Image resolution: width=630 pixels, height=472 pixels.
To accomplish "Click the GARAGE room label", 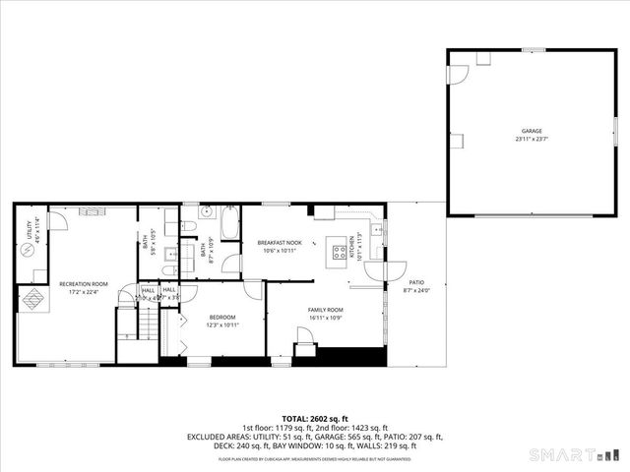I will pos(532,131).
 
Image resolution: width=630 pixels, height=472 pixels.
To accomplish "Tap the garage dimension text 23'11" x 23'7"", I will pos(532,139).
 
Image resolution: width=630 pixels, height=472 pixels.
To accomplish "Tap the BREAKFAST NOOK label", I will pos(279,242).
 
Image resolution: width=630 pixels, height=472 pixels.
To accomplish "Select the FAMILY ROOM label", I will pos(325,310).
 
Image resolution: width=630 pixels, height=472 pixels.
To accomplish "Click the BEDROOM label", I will pos(221,318).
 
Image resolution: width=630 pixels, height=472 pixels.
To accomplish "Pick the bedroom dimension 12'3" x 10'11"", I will pos(221,325).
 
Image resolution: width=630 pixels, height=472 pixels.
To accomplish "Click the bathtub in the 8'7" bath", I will pos(230,224).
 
